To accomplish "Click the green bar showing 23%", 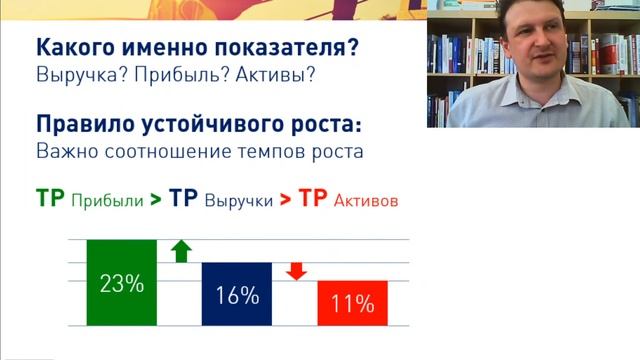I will tap(122, 283).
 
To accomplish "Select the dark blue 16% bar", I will tap(236, 294).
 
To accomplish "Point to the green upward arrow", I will tap(180, 250).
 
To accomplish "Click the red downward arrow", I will tap(295, 270).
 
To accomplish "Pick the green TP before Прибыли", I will tap(50, 198).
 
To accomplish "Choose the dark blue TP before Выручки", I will tap(184, 198).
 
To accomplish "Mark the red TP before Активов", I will tap(314, 198).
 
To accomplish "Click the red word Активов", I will tap(366, 200).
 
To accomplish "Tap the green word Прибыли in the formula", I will tap(106, 200).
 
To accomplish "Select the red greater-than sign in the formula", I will tap(286, 199).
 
